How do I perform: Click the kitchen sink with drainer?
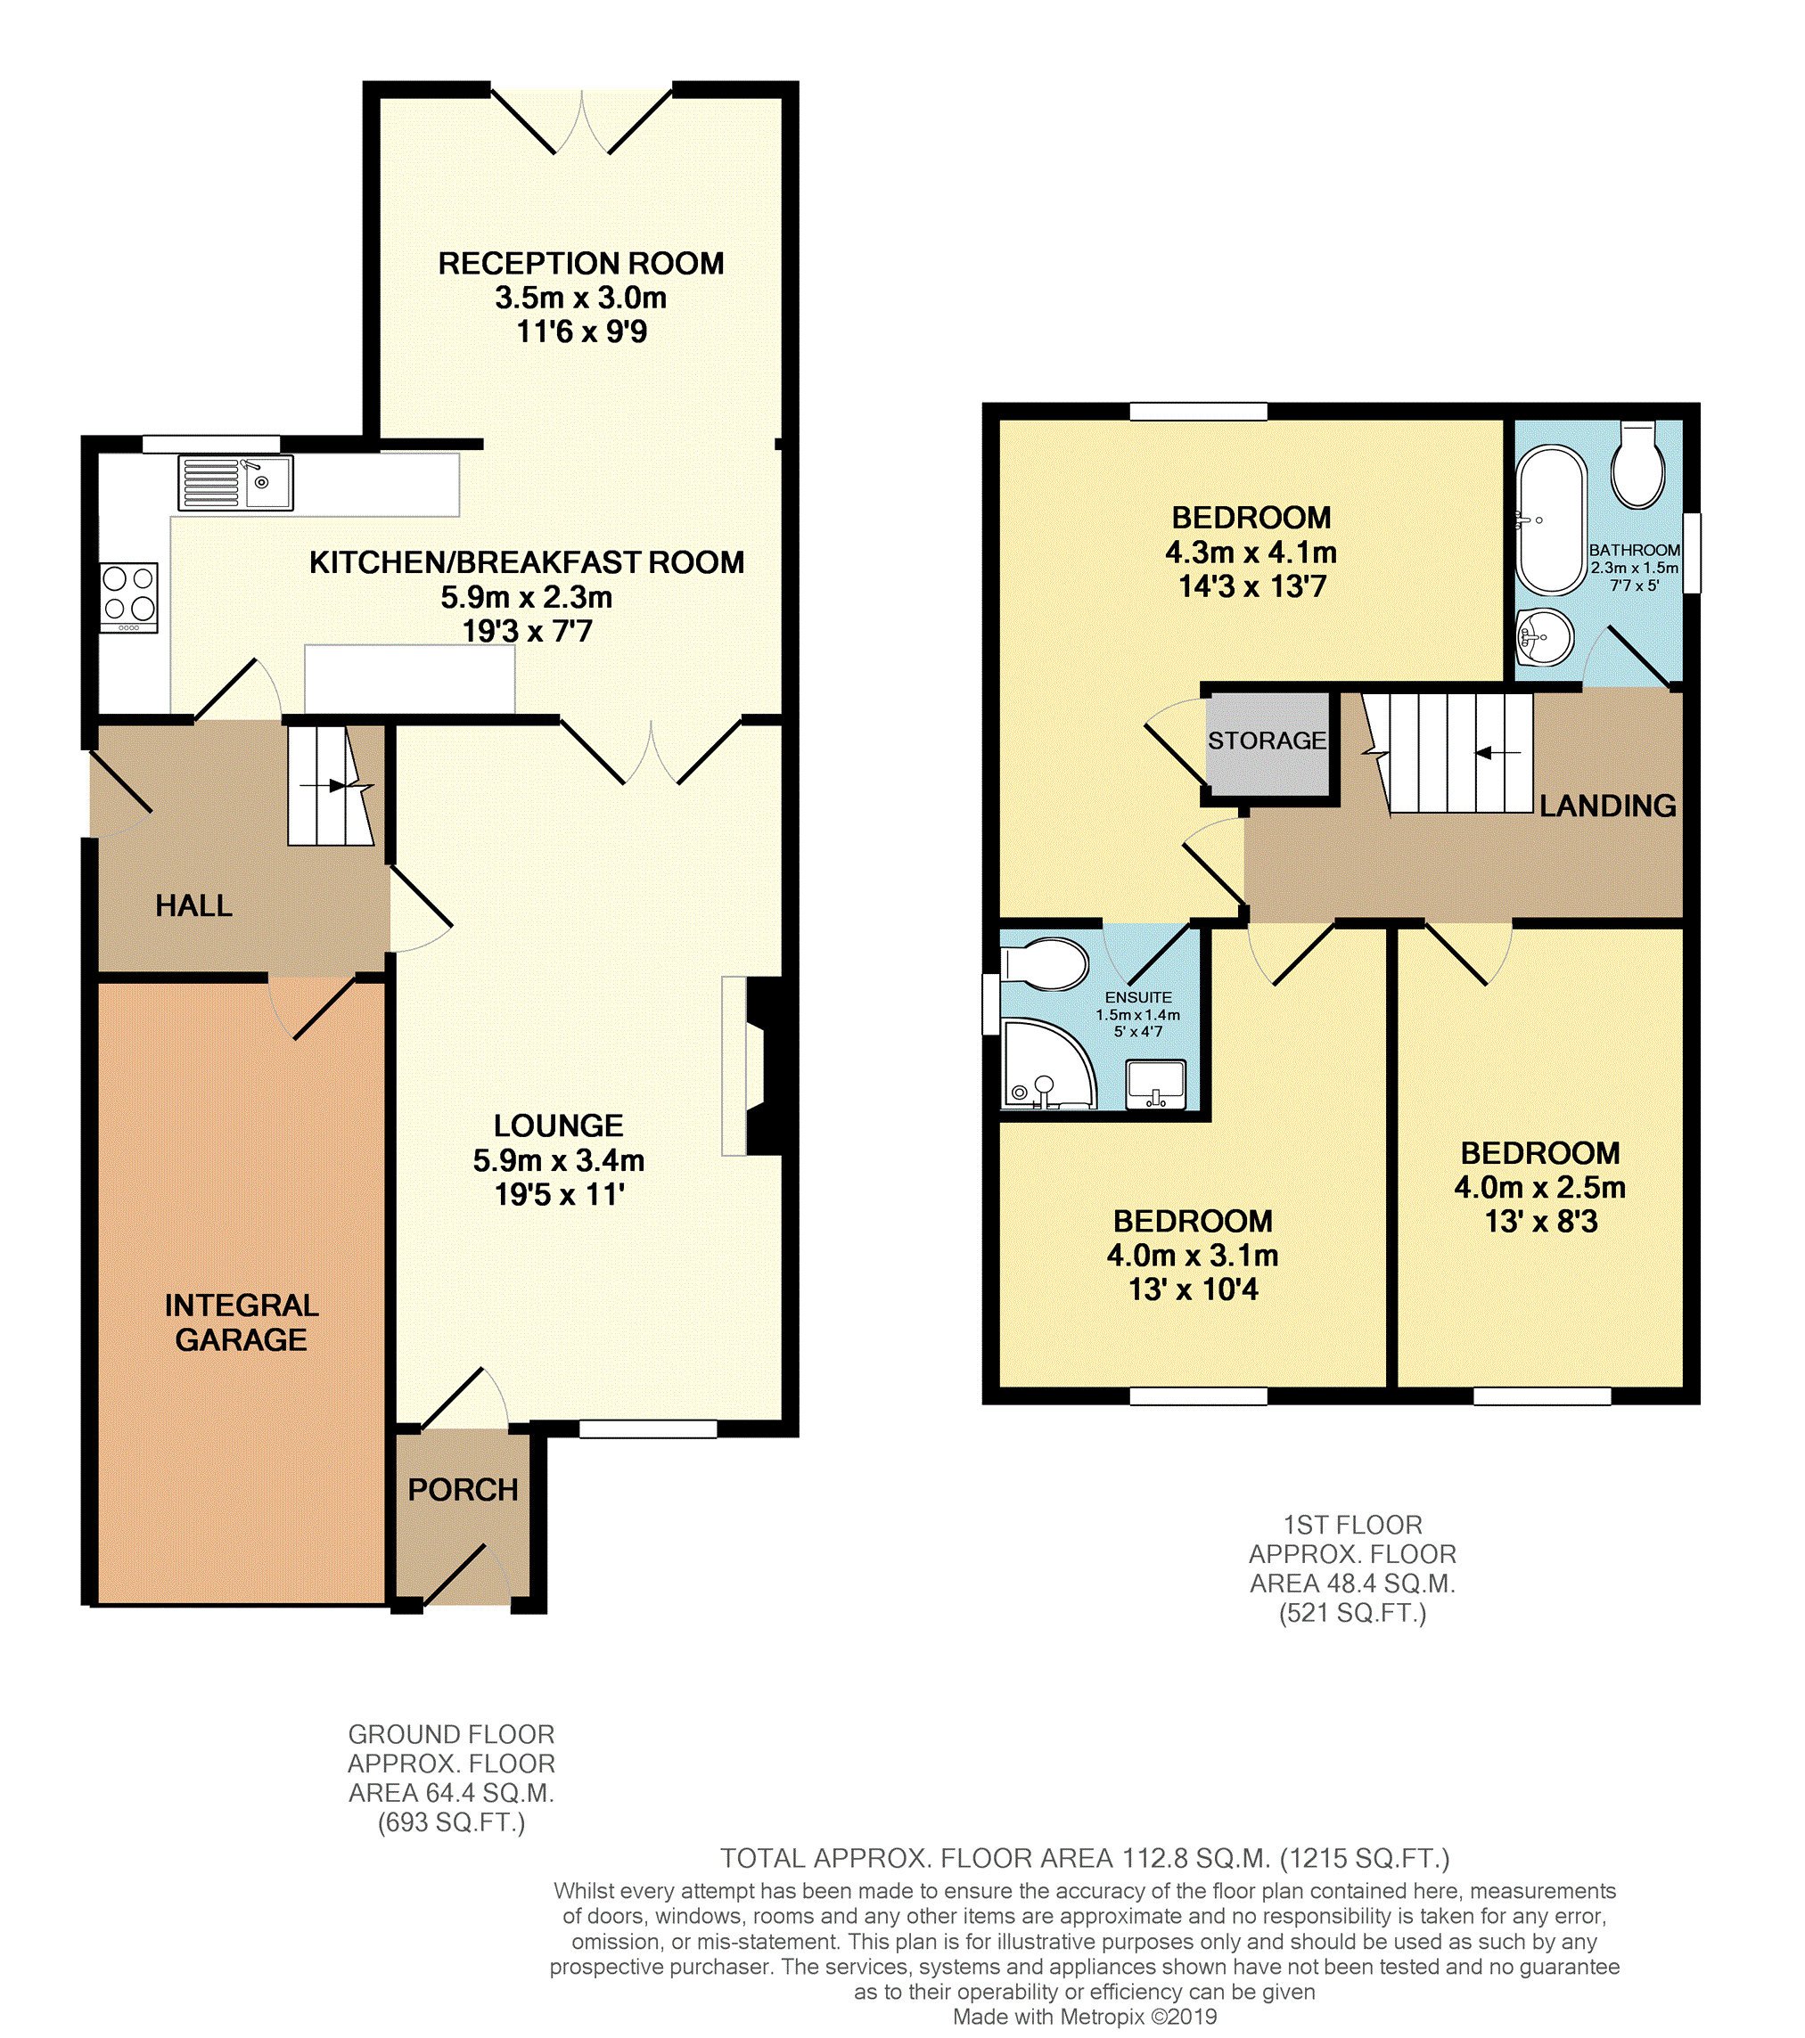[x=235, y=483]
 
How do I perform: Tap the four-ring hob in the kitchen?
[x=129, y=597]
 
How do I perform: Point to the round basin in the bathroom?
[x=1545, y=636]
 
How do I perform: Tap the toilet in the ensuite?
[x=1045, y=964]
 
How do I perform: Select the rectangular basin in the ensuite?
[x=1156, y=1084]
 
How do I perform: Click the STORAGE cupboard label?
[x=1267, y=741]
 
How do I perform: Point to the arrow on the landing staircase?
[x=1497, y=753]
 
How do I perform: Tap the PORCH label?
[x=463, y=1490]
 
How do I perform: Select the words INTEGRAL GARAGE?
[x=242, y=1322]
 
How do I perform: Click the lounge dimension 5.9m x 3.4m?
[x=559, y=1160]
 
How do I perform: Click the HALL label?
[x=193, y=905]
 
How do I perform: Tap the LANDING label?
[x=1607, y=806]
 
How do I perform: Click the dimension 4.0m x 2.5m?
[x=1539, y=1188]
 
